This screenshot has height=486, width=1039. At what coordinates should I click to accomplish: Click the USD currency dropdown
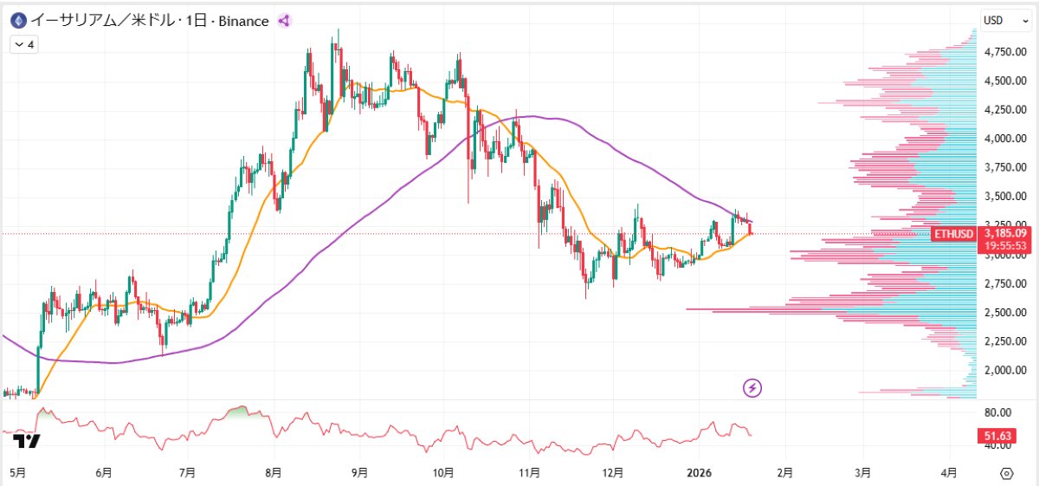click(x=1004, y=21)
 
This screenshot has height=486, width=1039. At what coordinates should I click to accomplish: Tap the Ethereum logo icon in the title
click(x=18, y=21)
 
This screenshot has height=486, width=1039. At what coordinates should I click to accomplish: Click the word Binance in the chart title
click(x=243, y=22)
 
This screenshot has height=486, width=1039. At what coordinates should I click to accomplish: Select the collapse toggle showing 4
click(x=24, y=44)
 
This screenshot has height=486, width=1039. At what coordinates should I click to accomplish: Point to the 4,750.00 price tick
click(x=1005, y=51)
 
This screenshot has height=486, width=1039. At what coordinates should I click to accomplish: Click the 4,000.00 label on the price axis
click(x=1005, y=139)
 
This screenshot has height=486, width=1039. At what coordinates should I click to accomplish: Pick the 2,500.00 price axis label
click(x=1005, y=313)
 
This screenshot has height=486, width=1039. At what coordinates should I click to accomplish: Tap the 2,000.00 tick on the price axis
click(x=1005, y=370)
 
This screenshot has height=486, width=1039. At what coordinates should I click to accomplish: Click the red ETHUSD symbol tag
click(x=953, y=234)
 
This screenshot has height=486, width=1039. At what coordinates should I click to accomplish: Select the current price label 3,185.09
click(x=1005, y=233)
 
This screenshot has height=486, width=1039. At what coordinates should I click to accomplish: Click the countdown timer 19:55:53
click(x=1005, y=245)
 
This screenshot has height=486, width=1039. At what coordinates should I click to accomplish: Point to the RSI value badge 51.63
click(x=997, y=436)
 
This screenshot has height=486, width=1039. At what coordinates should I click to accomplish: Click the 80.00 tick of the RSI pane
click(x=997, y=412)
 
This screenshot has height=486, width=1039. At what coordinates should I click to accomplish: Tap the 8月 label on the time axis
click(x=274, y=472)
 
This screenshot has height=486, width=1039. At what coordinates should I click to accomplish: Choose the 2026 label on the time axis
click(x=699, y=472)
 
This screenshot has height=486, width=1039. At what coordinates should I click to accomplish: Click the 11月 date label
click(x=529, y=472)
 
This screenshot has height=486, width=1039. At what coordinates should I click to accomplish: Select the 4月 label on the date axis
click(x=949, y=472)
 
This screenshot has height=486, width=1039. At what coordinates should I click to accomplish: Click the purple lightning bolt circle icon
click(x=752, y=387)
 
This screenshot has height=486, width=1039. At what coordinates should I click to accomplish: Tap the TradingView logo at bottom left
click(x=27, y=441)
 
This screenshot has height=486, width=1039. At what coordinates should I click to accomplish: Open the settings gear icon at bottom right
click(x=1006, y=474)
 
